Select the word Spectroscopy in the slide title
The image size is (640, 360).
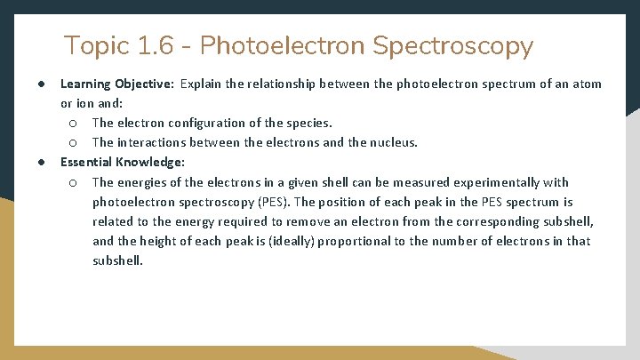pos(453,45)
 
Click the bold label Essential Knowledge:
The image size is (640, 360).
pos(122,162)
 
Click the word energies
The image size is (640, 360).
pos(143,182)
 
